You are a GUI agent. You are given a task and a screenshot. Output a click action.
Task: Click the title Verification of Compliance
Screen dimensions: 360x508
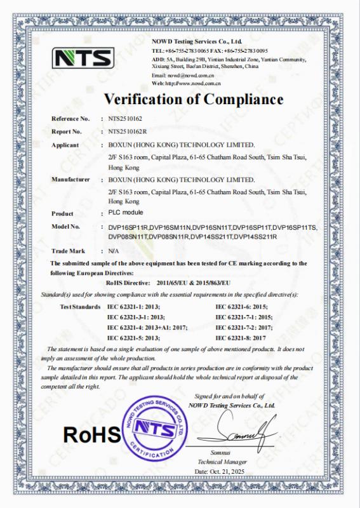point(194,99)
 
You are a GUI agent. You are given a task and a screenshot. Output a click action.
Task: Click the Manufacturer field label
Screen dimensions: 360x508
point(70,180)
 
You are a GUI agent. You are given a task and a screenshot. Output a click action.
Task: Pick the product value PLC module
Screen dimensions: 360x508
point(122,213)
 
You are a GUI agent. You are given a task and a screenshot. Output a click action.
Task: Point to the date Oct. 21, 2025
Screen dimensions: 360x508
point(219,471)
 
